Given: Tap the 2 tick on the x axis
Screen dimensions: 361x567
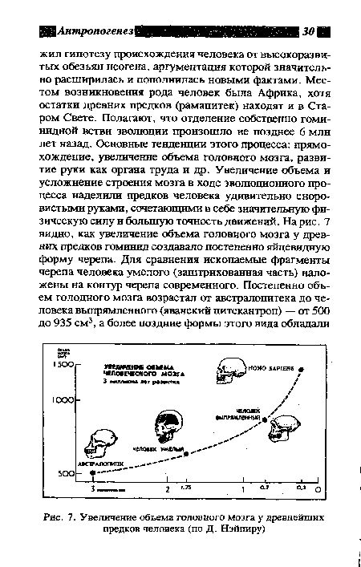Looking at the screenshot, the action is point(167,488).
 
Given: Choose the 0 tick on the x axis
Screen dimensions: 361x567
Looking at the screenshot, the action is point(318,488).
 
